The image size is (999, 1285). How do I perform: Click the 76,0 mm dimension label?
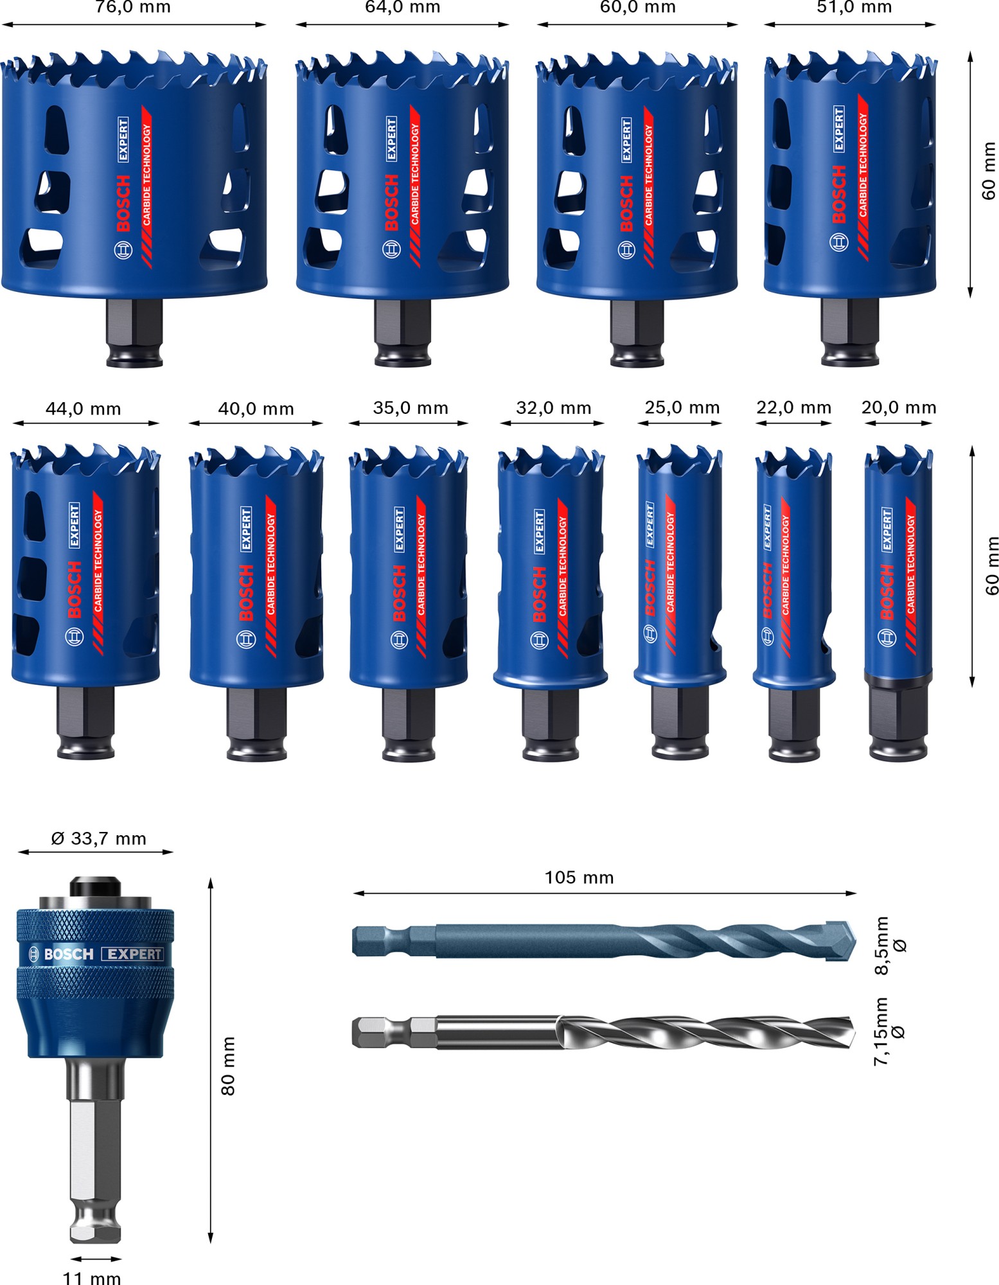tap(133, 8)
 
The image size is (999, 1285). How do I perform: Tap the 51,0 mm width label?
tap(854, 8)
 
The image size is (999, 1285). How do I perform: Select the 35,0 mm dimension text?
tap(411, 408)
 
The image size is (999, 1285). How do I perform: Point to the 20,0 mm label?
tap(898, 407)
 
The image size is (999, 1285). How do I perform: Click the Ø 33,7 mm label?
tap(98, 838)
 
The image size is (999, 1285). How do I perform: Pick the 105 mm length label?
tap(579, 878)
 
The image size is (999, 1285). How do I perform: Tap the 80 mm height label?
tap(228, 1067)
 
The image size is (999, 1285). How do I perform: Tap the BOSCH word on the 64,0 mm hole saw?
tap(391, 202)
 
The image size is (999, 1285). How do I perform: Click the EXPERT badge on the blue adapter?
tap(132, 954)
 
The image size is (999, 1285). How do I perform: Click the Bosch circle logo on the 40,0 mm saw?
tap(246, 639)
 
